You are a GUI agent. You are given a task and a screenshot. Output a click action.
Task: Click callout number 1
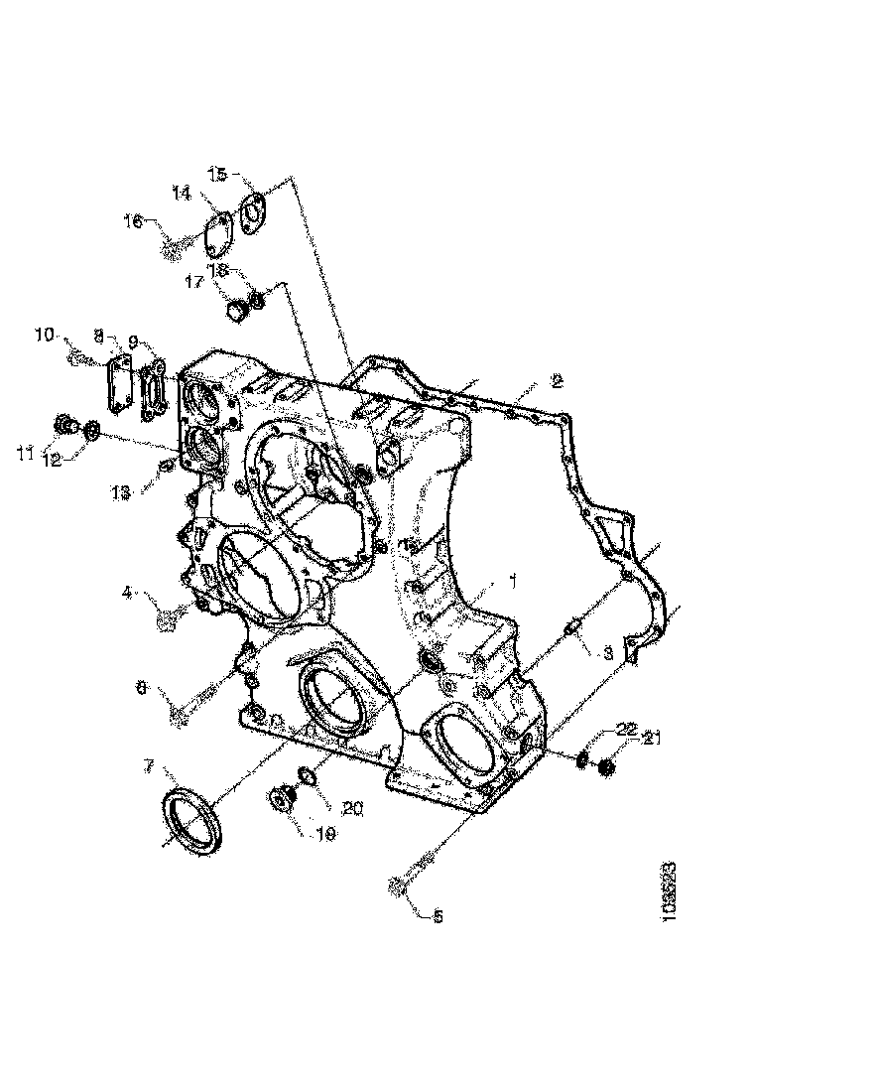pos(513,578)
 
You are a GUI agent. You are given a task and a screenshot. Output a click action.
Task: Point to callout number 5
pos(437,916)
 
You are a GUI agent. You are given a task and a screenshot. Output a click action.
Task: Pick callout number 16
pos(133,220)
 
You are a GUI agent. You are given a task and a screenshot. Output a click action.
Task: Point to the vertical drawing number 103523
pos(672,893)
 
